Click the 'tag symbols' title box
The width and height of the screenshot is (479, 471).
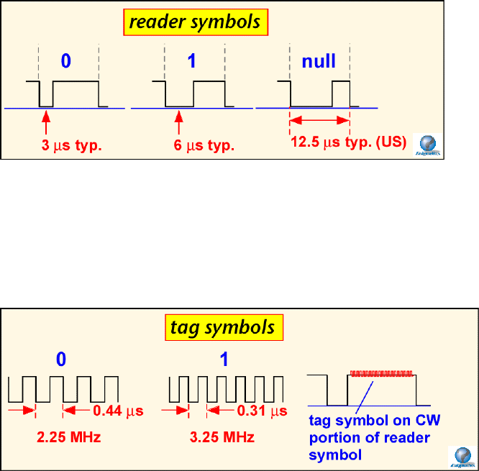[222, 327]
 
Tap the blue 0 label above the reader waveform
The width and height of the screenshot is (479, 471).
[66, 61]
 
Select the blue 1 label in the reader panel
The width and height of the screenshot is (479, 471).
[191, 61]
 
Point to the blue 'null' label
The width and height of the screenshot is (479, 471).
[319, 61]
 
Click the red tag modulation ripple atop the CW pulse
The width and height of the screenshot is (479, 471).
[382, 373]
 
